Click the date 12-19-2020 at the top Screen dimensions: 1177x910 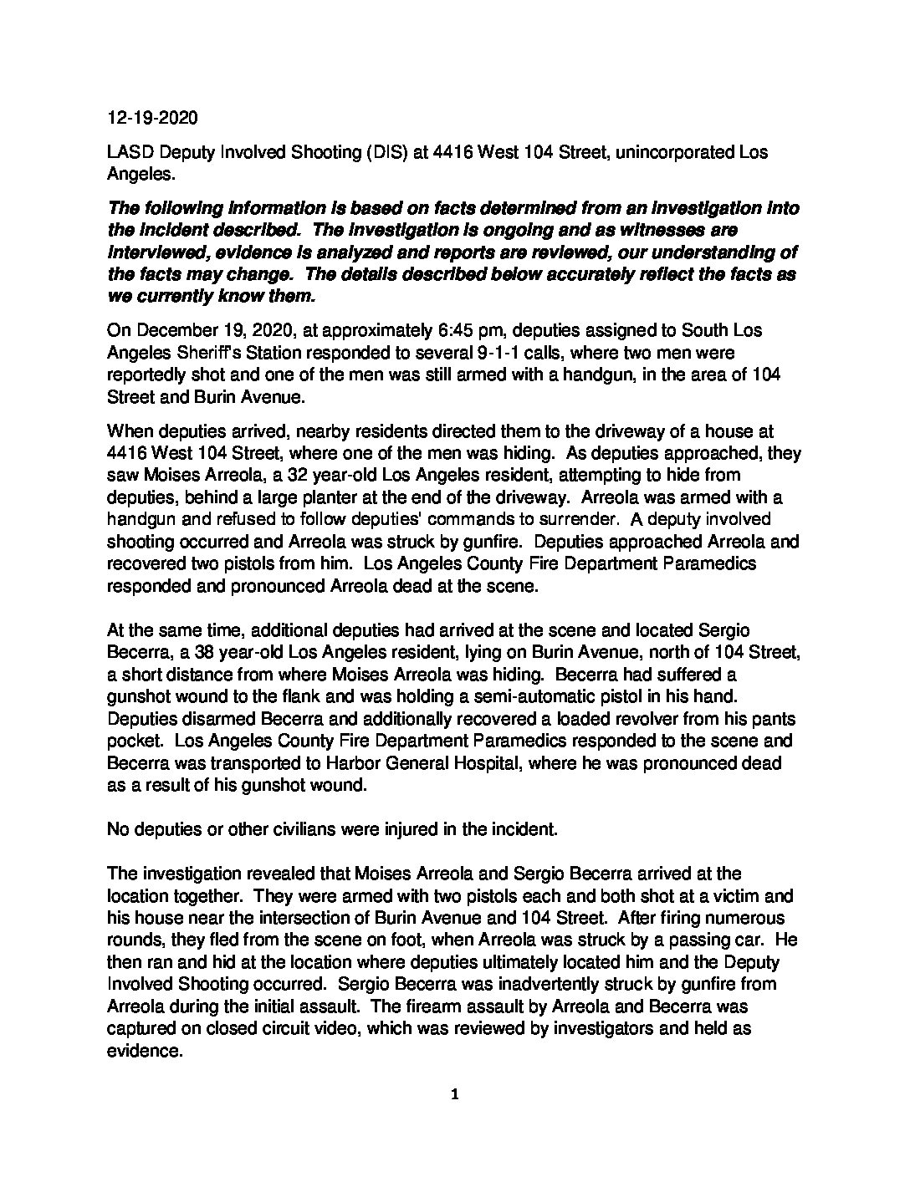pyautogui.click(x=152, y=118)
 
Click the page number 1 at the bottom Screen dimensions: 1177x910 pyautogui.click(x=454, y=1094)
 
